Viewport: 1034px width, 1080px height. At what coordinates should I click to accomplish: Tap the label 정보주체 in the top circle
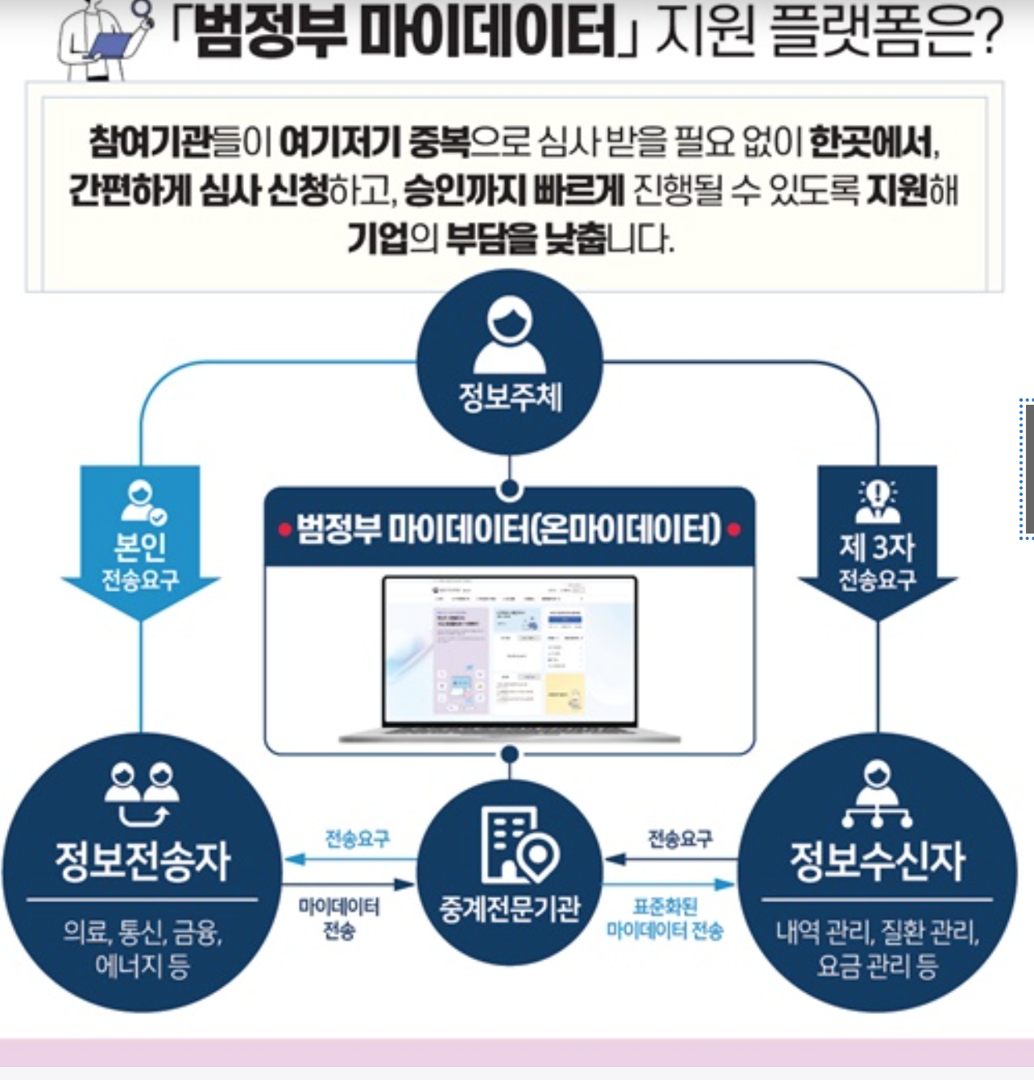click(x=510, y=397)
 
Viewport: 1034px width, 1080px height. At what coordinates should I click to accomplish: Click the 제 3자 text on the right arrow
click(x=877, y=547)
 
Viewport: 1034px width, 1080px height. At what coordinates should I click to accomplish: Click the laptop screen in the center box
click(x=510, y=650)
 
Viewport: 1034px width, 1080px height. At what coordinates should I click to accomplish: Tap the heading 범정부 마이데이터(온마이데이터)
click(x=508, y=529)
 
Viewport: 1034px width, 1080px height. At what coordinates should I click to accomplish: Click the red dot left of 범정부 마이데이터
click(x=284, y=530)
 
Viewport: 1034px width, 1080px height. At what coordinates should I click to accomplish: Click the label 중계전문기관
click(x=509, y=909)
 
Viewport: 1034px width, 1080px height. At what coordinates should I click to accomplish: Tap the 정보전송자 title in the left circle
click(x=143, y=860)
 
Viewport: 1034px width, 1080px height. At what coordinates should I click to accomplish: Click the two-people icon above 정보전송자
click(x=143, y=792)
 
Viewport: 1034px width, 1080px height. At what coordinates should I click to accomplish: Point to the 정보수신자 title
click(x=877, y=860)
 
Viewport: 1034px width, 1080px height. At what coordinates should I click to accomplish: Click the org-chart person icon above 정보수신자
click(x=877, y=796)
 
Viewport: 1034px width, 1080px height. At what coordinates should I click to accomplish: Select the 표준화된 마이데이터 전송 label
click(x=665, y=918)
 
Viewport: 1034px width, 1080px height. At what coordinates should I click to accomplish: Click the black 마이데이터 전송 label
click(x=338, y=918)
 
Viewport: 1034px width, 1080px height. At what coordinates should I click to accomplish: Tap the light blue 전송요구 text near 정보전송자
click(x=357, y=839)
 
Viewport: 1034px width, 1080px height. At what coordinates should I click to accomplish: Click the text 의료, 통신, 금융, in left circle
click(x=143, y=933)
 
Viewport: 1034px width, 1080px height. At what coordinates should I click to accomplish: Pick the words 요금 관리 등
click(x=877, y=965)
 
